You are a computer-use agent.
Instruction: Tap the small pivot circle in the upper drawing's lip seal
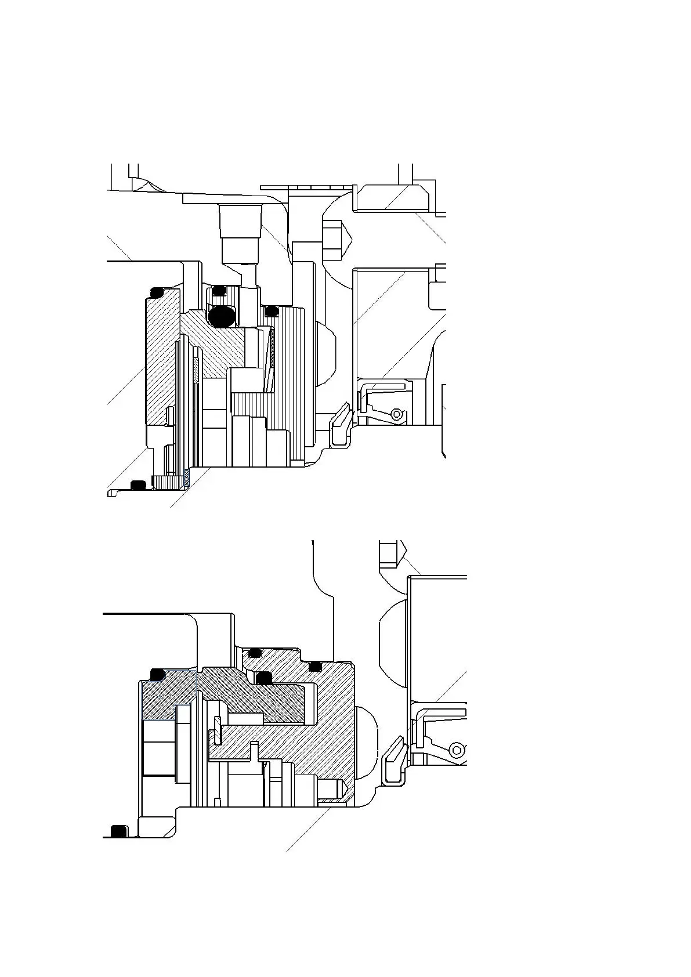pyautogui.click(x=396, y=414)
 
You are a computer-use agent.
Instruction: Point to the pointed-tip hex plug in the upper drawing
pyautogui.click(x=335, y=240)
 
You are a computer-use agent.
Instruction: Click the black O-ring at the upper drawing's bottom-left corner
pyautogui.click(x=138, y=484)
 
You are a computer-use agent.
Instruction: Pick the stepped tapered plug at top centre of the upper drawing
pyautogui.click(x=238, y=230)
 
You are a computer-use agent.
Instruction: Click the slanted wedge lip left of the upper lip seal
pyautogui.click(x=341, y=421)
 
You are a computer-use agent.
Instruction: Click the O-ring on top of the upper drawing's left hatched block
pyautogui.click(x=157, y=292)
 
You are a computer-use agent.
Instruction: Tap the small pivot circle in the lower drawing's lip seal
pyautogui.click(x=457, y=750)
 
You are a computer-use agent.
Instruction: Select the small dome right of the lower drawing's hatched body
pyautogui.click(x=366, y=743)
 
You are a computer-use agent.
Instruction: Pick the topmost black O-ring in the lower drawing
pyautogui.click(x=254, y=653)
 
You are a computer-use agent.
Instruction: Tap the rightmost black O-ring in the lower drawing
pyautogui.click(x=316, y=666)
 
